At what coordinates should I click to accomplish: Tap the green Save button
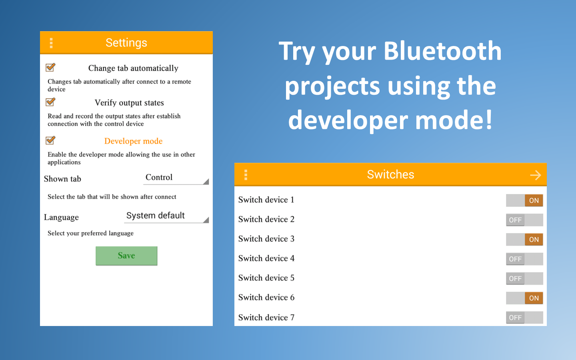coord(126,256)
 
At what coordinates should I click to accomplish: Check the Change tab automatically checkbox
coord(50,67)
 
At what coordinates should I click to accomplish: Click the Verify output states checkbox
coord(50,102)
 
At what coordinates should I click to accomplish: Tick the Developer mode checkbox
coord(50,140)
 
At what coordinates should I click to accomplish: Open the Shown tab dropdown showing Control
coord(176,178)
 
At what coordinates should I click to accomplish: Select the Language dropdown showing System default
coord(166,216)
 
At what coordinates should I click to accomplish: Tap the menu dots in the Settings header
coord(51,43)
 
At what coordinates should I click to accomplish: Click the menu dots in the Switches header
coord(246,175)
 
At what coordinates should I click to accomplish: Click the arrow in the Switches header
coord(536,175)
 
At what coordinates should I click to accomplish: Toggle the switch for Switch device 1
coord(524,200)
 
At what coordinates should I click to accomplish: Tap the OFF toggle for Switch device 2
coord(524,220)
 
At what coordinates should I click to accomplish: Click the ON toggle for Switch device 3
coord(524,239)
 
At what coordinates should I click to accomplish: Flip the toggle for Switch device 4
coord(524,259)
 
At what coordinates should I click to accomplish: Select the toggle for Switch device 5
coord(524,278)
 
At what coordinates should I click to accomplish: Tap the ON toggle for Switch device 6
coord(524,298)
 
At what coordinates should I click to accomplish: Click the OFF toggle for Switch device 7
coord(524,318)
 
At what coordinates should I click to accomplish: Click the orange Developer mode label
coord(133,141)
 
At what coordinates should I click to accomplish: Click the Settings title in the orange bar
coord(126,43)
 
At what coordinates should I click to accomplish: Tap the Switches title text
coord(390,174)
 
